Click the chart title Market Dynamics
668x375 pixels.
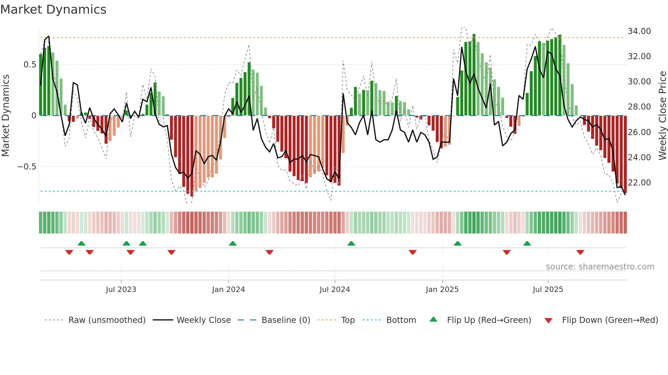click(53, 10)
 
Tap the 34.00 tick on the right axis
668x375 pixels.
click(639, 31)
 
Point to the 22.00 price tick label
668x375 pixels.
click(639, 183)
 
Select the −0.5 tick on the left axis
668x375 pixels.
click(27, 167)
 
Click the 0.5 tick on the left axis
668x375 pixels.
click(30, 65)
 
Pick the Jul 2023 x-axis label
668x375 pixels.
click(121, 290)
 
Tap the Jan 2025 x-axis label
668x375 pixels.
click(442, 290)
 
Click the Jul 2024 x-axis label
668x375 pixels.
click(335, 290)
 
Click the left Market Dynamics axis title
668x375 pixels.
click(5, 116)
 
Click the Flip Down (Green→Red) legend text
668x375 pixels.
click(610, 320)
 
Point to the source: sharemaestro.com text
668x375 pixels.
click(600, 267)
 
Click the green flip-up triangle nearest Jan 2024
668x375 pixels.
click(233, 244)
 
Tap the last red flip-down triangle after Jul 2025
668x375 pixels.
click(580, 252)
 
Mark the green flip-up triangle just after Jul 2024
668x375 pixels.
click(351, 244)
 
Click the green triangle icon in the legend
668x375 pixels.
click(433, 320)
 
